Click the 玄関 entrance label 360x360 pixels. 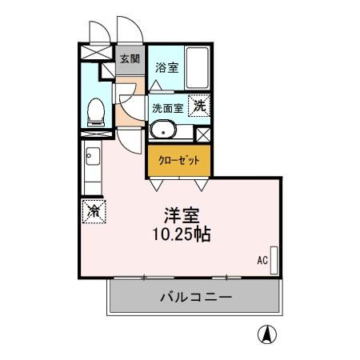[x=130, y=59]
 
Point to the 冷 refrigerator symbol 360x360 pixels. [x=94, y=211]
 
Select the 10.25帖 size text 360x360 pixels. [x=182, y=235]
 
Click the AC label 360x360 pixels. [x=262, y=260]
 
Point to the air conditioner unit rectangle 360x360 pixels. [x=274, y=260]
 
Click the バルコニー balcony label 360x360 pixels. [x=195, y=297]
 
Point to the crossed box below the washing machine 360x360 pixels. [x=202, y=134]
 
